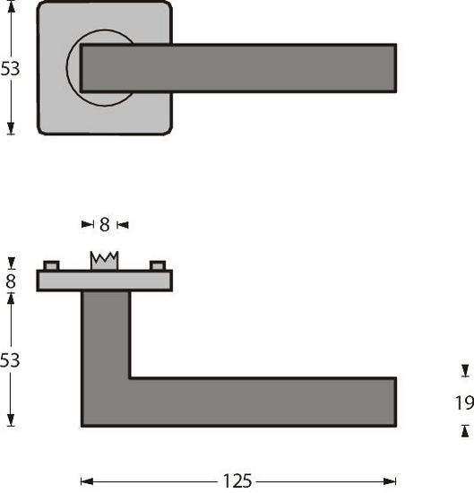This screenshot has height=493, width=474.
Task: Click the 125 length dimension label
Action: (237, 481)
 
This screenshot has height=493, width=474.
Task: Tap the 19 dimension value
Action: (464, 402)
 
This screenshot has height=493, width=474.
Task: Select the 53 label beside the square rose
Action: (10, 69)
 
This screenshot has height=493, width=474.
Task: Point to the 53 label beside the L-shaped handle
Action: (10, 360)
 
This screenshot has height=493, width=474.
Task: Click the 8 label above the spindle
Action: (104, 224)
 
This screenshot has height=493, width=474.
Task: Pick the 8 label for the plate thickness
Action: (10, 281)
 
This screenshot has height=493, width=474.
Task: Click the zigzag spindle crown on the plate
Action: (105, 260)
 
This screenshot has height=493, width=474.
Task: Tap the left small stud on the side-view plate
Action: (51, 265)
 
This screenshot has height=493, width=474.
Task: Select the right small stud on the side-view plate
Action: (159, 265)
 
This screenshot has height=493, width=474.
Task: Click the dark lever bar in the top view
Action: (238, 68)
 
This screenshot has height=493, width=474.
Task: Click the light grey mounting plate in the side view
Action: (104, 281)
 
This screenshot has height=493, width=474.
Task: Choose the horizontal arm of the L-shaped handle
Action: (260, 402)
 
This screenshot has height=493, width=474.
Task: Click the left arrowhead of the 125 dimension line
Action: (86, 481)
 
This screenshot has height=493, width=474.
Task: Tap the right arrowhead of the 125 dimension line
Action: (391, 481)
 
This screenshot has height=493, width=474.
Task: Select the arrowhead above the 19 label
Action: (464, 370)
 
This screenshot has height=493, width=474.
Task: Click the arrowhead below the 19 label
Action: (464, 432)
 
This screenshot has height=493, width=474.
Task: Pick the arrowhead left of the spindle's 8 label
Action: (87, 224)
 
